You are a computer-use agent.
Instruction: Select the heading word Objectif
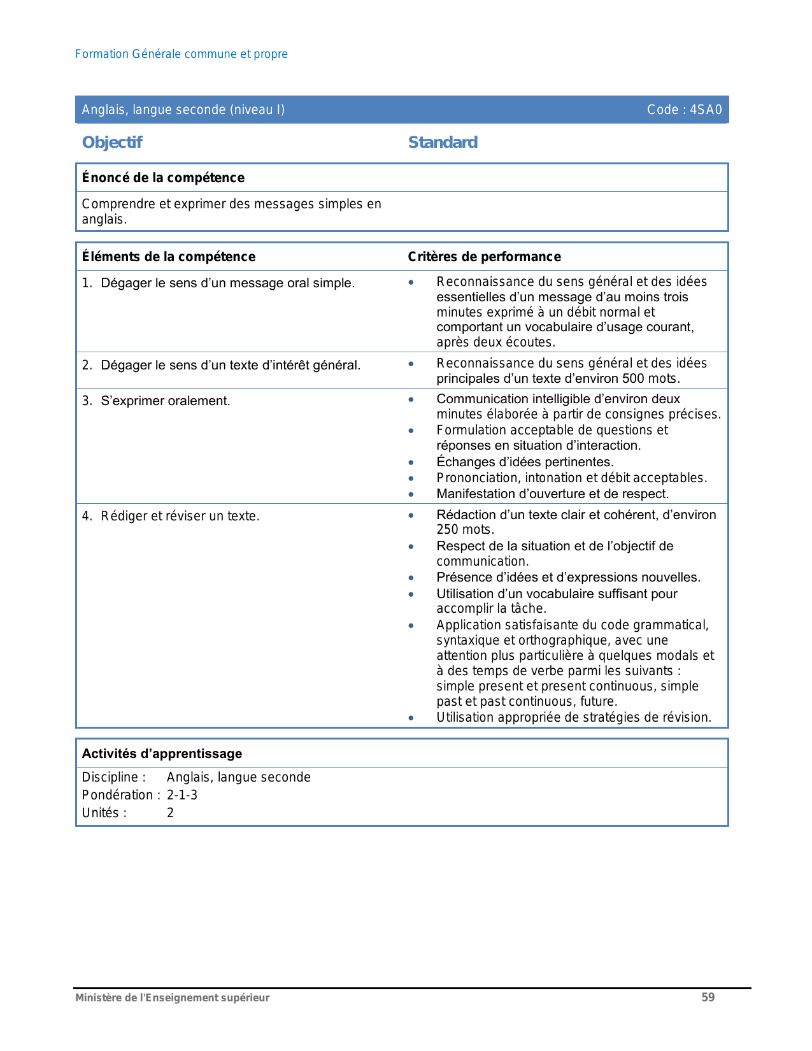click(x=112, y=142)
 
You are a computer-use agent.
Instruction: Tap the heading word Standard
click(x=443, y=142)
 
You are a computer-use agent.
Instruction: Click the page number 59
click(x=708, y=997)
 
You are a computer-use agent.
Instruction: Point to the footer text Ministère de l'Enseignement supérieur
click(x=173, y=997)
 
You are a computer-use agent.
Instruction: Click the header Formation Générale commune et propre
click(x=182, y=54)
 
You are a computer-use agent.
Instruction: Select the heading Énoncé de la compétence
click(x=163, y=178)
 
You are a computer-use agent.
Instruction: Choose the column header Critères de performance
click(x=484, y=257)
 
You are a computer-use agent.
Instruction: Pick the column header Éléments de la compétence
click(x=169, y=257)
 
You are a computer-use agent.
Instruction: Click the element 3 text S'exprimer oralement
click(x=166, y=401)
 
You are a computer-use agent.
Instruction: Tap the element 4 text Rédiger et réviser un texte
click(x=180, y=516)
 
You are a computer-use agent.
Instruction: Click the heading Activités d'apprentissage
click(x=162, y=754)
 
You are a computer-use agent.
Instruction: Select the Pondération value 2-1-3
click(x=182, y=795)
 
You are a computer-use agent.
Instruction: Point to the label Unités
click(x=104, y=813)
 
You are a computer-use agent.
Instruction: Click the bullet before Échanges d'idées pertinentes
click(x=411, y=462)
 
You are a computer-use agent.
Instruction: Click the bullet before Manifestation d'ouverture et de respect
click(x=411, y=494)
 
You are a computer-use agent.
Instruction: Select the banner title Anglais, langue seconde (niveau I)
click(x=183, y=110)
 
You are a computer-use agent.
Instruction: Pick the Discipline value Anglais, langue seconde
click(x=239, y=777)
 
